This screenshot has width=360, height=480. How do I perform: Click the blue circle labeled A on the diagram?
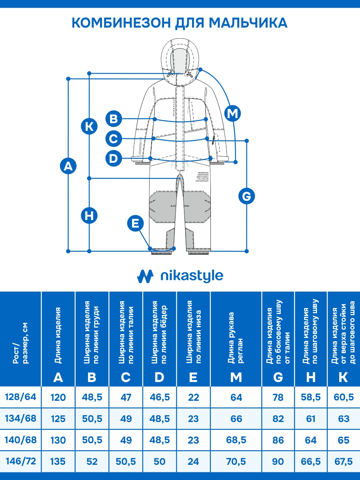[x=69, y=166]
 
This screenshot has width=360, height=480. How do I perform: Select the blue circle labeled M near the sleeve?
[x=232, y=114]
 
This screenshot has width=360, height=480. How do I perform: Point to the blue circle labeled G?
[x=246, y=196]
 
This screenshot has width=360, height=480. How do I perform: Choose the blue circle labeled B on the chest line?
[x=114, y=119]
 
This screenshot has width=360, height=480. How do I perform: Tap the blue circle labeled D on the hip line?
[x=114, y=158]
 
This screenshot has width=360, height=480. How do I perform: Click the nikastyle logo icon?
[x=145, y=276]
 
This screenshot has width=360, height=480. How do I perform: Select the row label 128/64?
[x=20, y=397]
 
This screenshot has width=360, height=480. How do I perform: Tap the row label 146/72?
[x=20, y=461]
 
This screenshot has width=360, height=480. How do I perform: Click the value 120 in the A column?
[x=58, y=397]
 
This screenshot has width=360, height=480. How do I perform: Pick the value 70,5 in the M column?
[x=236, y=462]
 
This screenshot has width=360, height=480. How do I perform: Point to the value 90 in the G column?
[x=278, y=462]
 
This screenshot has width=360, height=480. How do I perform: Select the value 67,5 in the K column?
[x=343, y=462]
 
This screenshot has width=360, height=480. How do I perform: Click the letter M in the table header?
[x=236, y=377]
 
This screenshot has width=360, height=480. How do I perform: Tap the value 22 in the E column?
[x=193, y=397]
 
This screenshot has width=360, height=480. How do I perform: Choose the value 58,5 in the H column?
[x=311, y=397]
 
